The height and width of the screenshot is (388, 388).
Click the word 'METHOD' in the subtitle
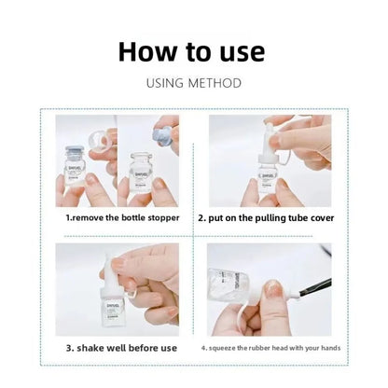click(x=217, y=83)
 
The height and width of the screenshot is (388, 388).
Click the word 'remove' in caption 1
click(x=93, y=218)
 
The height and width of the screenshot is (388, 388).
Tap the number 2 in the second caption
click(x=202, y=218)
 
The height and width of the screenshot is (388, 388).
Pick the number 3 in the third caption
click(x=68, y=349)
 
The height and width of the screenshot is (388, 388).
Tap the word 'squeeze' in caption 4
click(x=229, y=349)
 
